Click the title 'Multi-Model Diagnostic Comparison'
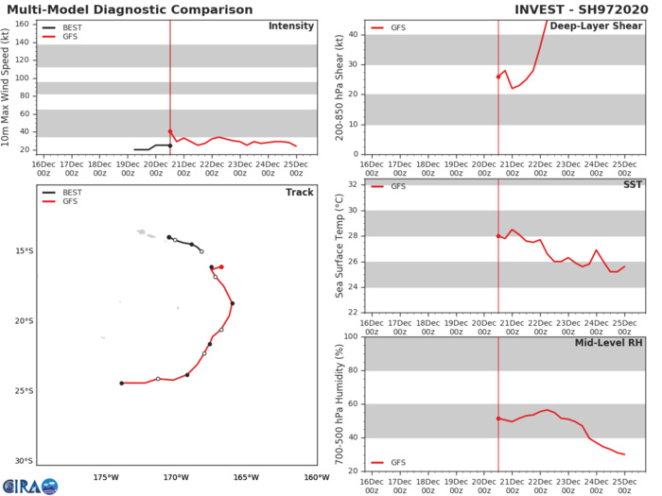pyautogui.click(x=128, y=9)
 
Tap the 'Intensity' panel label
pyautogui.click(x=291, y=26)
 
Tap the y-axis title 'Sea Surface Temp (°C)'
pyautogui.click(x=340, y=246)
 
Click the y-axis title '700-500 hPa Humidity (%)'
pyautogui.click(x=340, y=403)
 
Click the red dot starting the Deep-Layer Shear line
pyautogui.click(x=498, y=77)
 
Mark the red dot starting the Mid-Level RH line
pyautogui.click(x=498, y=419)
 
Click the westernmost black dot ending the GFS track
pyautogui.click(x=121, y=383)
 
